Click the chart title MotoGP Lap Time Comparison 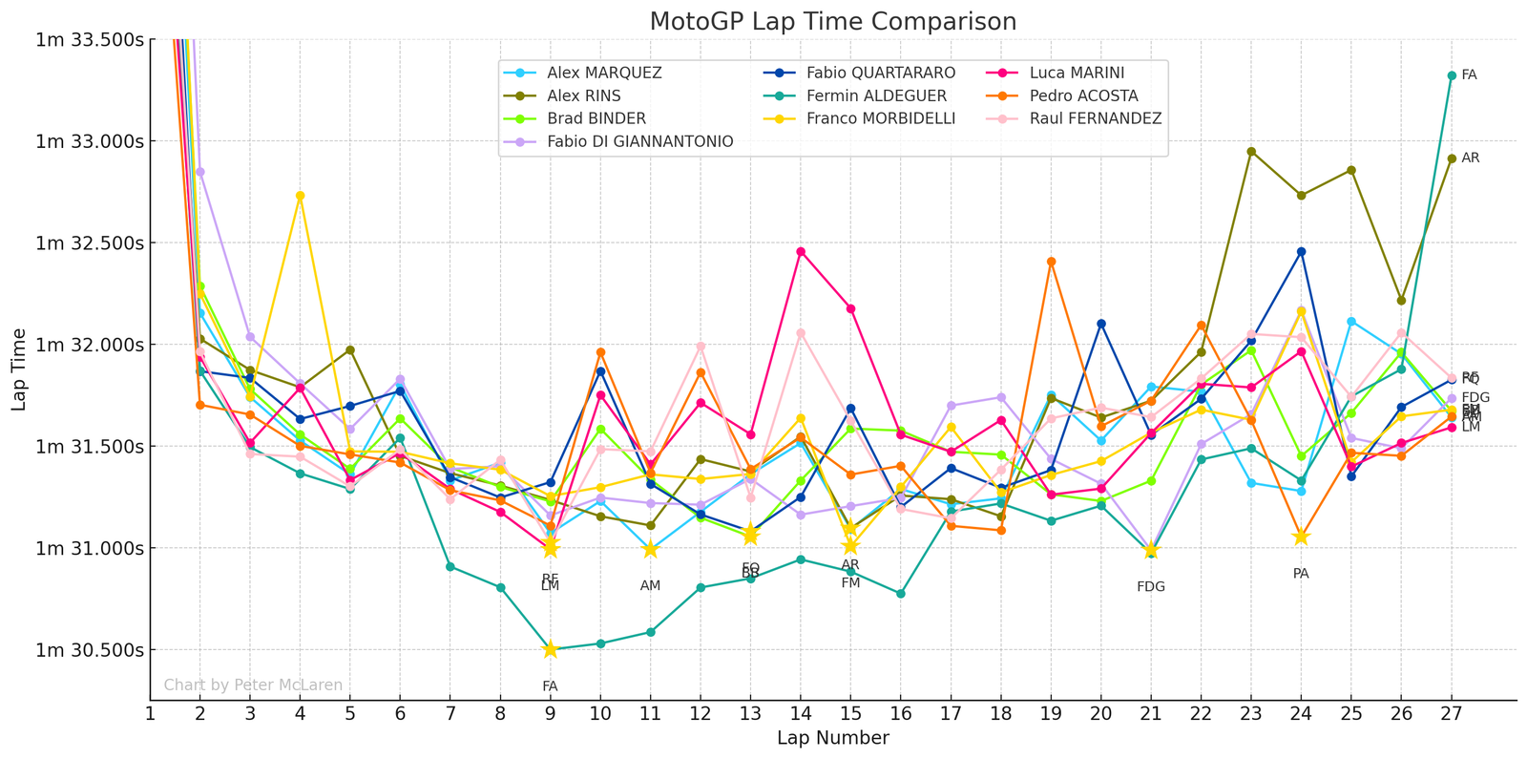(832, 21)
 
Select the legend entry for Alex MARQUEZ (604, 74)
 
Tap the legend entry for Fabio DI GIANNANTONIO (640, 142)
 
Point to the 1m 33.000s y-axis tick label (90, 141)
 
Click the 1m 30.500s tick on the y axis (90, 650)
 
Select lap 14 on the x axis (801, 712)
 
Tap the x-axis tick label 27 (1452, 712)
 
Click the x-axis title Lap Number (832, 738)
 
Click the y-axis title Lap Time (20, 369)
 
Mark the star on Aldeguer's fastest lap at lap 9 (550, 649)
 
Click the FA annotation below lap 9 (550, 686)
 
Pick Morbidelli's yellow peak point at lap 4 (300, 196)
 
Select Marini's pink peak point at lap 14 (801, 252)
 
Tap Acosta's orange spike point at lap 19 (1051, 262)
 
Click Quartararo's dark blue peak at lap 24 (1301, 252)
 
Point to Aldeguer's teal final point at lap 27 (1452, 75)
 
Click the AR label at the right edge (1470, 158)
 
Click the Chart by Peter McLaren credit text (253, 685)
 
